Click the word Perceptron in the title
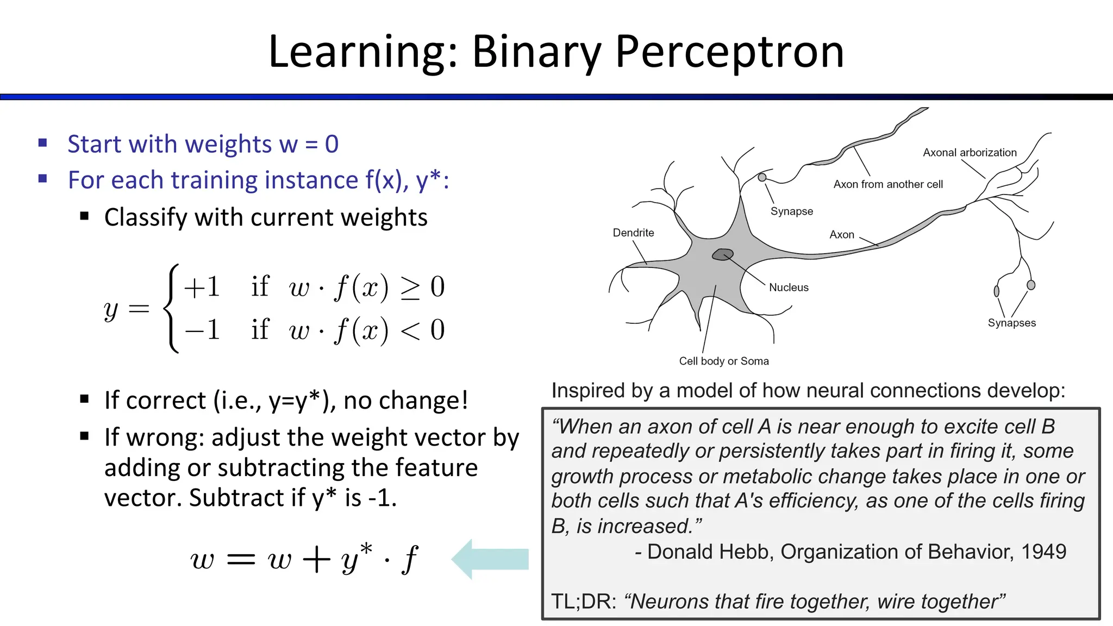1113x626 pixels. [729, 52]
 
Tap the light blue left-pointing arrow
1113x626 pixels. [489, 559]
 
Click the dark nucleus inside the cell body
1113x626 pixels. [723, 254]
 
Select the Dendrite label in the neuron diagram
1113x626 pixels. [633, 233]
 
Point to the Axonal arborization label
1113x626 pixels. [970, 153]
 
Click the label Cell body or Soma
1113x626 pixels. [724, 361]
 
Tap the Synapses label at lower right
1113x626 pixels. [1011, 323]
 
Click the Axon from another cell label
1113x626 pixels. [888, 184]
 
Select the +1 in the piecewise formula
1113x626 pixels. [202, 286]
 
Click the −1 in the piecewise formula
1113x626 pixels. [202, 329]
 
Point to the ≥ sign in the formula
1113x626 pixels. [410, 287]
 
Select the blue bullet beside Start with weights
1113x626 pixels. [43, 143]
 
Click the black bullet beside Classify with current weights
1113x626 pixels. [84, 216]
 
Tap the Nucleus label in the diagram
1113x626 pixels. [789, 287]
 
